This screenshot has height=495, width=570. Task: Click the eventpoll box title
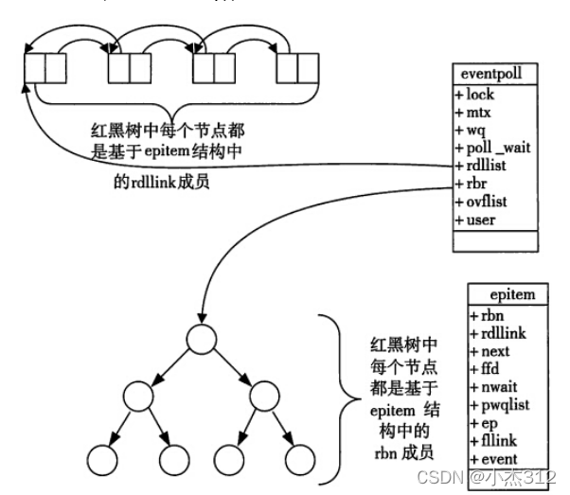[491, 74]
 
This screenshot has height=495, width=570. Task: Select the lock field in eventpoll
[474, 95]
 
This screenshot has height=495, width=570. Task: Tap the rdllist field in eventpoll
[481, 166]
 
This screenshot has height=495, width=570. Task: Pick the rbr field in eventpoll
[471, 184]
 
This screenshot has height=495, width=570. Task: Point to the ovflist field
[481, 202]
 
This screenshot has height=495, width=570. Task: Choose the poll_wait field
[493, 148]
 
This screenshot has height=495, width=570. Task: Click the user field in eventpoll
[475, 220]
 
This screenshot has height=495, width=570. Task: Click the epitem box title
[512, 294]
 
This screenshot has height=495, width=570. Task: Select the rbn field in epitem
[487, 315]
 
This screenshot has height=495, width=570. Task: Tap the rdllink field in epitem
[498, 333]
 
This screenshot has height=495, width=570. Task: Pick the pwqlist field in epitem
[500, 405]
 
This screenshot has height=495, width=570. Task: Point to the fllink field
[493, 441]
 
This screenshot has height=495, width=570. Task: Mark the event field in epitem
[493, 459]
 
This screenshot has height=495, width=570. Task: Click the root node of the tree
[202, 339]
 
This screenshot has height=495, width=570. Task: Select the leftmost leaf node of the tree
[102, 460]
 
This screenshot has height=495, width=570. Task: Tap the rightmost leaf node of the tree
[300, 460]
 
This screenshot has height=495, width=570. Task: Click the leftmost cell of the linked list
[35, 68]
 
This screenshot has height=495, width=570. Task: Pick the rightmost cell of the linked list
[309, 68]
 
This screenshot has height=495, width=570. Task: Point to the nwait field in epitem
[493, 387]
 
